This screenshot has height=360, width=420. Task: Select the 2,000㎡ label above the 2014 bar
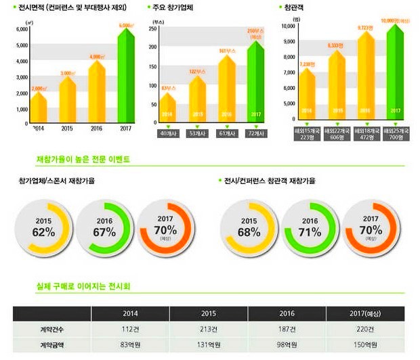coord(39,88)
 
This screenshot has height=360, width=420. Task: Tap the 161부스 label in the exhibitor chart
coord(226,50)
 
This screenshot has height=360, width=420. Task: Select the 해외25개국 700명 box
coord(396,133)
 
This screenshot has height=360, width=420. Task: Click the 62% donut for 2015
coord(43,228)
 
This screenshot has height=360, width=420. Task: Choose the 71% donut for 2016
coord(310,228)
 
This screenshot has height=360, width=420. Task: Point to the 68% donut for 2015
coord(249,228)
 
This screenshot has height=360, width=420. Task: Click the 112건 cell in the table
coord(130,330)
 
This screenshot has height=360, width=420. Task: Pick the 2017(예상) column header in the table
coord(365,313)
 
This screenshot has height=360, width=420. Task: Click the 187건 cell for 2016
coord(287,330)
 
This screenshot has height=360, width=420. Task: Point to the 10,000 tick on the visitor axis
coord(288,26)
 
